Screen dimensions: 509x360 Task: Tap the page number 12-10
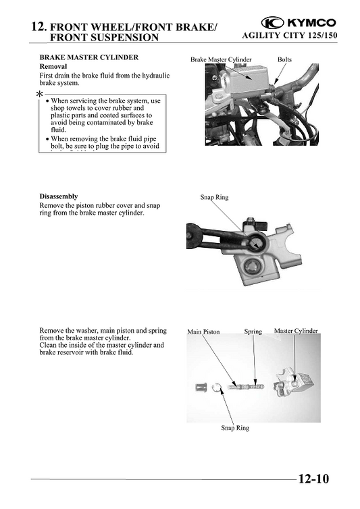pyautogui.click(x=313, y=479)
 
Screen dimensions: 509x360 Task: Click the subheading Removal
pyautogui.click(x=53, y=67)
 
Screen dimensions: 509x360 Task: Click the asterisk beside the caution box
pyautogui.click(x=40, y=95)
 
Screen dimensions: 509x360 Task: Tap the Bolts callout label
pyautogui.click(x=284, y=59)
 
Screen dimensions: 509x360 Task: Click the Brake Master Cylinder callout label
pyautogui.click(x=220, y=59)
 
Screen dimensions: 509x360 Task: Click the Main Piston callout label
pyautogui.click(x=203, y=332)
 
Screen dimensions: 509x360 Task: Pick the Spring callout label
pyautogui.click(x=253, y=331)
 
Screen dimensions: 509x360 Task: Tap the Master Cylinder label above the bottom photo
pyautogui.click(x=295, y=331)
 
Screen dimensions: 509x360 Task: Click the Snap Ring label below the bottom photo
pyautogui.click(x=234, y=428)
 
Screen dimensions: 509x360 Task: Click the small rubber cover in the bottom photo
pyautogui.click(x=201, y=388)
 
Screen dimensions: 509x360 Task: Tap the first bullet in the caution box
pyautogui.click(x=47, y=101)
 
